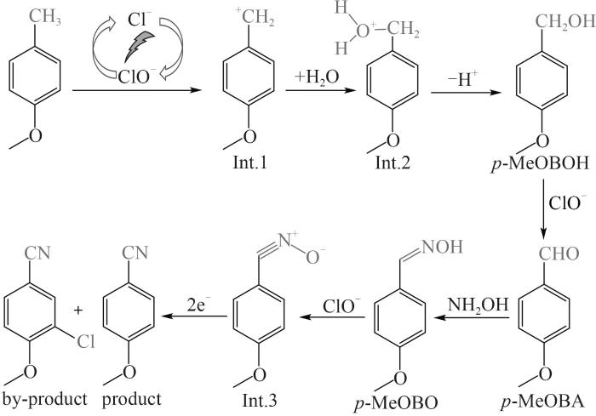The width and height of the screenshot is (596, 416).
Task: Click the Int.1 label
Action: click(249, 163)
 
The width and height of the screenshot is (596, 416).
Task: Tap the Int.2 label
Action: click(393, 163)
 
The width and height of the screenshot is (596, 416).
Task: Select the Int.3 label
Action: click(260, 401)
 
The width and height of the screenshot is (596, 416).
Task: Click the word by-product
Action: click(44, 400)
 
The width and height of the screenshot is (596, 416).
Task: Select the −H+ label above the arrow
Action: click(462, 78)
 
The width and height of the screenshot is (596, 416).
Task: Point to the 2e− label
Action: click(198, 304)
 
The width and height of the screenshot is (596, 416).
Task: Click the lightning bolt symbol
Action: click(139, 46)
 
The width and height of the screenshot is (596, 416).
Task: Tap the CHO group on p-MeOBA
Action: click(559, 254)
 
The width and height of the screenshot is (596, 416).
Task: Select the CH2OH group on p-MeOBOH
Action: click(565, 21)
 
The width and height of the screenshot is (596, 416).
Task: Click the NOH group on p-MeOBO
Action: click(442, 247)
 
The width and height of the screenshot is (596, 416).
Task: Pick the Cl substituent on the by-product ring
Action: click(85, 341)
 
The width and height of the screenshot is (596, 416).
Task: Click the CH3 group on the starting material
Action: click(45, 17)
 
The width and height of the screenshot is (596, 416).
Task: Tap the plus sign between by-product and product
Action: click(78, 311)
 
